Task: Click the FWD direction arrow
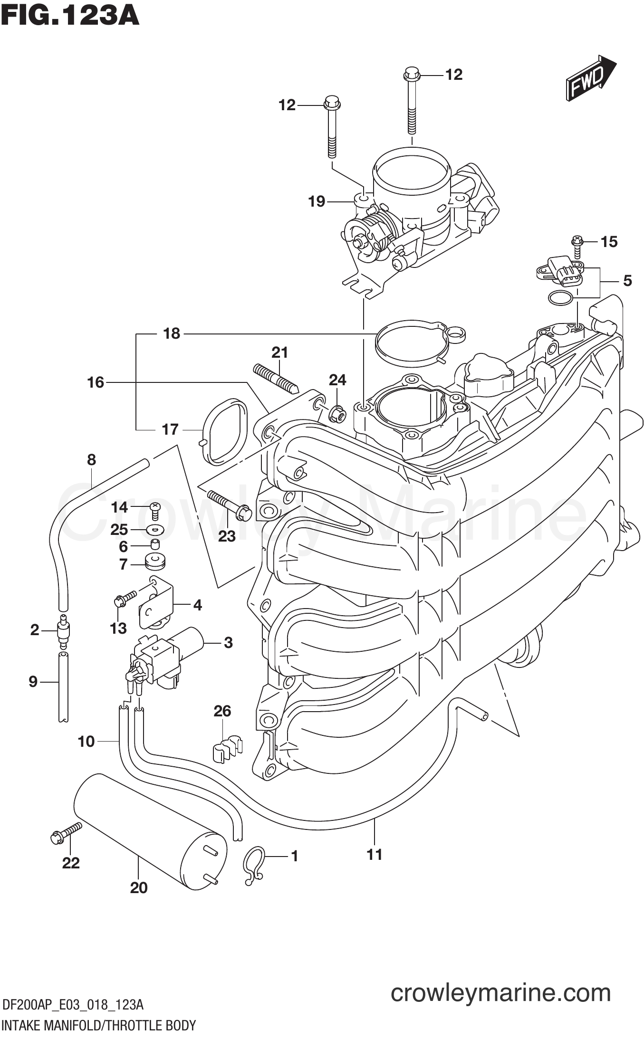click(589, 78)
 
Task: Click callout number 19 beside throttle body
click(317, 201)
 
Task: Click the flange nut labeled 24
click(337, 415)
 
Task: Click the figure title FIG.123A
click(70, 15)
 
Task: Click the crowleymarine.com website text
click(500, 992)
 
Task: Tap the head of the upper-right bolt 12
click(412, 74)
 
